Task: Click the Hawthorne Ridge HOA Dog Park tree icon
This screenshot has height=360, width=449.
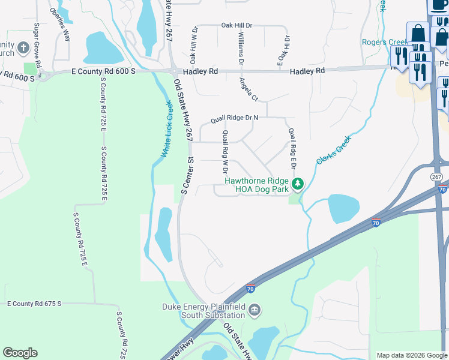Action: point(297,184)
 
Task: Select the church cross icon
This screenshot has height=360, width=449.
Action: point(23,47)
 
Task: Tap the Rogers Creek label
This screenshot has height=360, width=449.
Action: point(384,42)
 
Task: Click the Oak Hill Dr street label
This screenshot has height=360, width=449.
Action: point(238,25)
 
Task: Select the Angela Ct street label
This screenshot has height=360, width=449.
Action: point(248,89)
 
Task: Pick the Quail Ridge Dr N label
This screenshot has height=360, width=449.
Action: point(234,119)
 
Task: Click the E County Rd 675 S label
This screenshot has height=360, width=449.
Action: point(34,304)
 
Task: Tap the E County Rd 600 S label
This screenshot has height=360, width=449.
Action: point(100,71)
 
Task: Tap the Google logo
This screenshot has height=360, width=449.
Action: point(20,353)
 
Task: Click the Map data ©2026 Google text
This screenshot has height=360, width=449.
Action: point(411,355)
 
